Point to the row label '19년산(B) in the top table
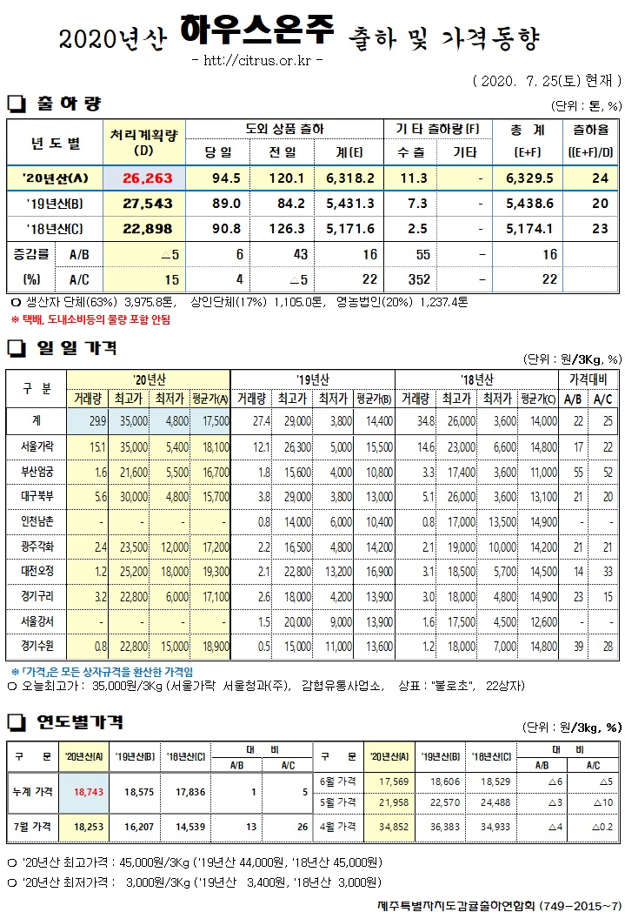55,203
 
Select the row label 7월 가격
32,824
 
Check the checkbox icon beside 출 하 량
16,104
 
